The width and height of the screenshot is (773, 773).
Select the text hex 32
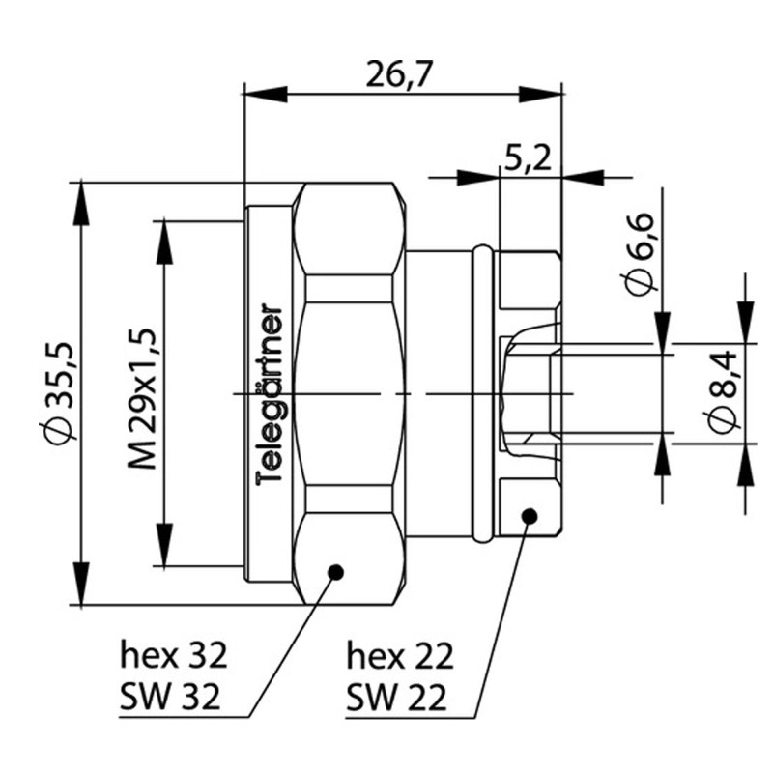pos(174,656)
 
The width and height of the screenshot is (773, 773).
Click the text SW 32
pos(174,694)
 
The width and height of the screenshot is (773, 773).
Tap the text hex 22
pos(400,656)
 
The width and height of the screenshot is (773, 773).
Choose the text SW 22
pos(400,694)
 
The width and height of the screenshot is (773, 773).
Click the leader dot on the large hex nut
pos(336,572)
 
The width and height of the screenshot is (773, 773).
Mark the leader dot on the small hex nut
pos(529,516)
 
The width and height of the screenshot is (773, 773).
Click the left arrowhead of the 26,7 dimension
pos(265,94)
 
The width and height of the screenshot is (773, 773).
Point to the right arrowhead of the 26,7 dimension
pos(541,94)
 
